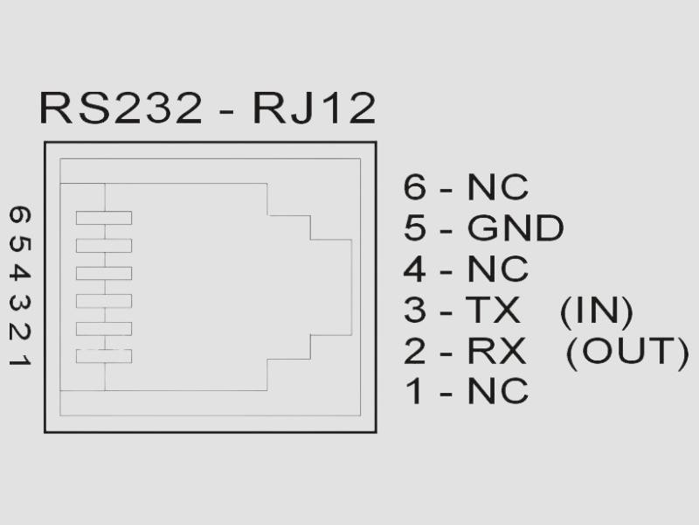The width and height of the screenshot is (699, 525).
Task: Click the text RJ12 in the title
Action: tap(314, 108)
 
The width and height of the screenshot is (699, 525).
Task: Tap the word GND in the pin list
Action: tap(515, 229)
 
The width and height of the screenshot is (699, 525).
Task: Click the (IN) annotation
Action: tap(596, 311)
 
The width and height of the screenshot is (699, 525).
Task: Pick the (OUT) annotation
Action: tap(626, 351)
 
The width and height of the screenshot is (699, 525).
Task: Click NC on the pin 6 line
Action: tap(497, 188)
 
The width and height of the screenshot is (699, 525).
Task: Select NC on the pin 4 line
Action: tap(497, 269)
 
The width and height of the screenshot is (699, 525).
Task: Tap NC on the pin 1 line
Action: tap(497, 391)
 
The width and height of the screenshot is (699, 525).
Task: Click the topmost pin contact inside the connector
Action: tap(103, 218)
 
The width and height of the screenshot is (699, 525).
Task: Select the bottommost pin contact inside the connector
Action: tap(103, 356)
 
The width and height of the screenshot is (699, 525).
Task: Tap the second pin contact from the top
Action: tap(103, 246)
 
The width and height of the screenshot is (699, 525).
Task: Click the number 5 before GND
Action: tap(415, 229)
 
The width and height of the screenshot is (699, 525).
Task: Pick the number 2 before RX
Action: tap(415, 351)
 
